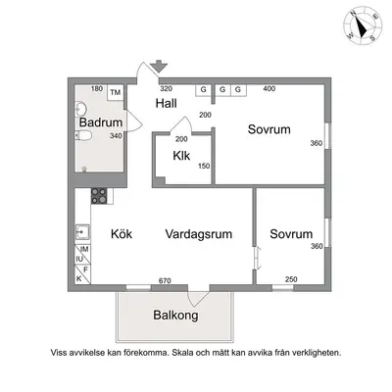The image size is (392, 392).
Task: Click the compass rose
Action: coord(363,26)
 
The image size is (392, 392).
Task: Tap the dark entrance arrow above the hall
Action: coord(159,67)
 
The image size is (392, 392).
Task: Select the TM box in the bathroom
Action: coord(116,93)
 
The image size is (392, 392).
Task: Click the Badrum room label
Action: coord(101,122)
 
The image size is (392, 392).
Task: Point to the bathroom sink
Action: coord(80,109)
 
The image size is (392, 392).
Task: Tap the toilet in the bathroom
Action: coord(83,135)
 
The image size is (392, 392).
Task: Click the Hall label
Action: coord(166,103)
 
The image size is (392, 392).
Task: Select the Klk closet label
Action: coord(181,156)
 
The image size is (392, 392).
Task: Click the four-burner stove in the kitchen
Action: coord(99,196)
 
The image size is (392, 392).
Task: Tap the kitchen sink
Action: coord(82,232)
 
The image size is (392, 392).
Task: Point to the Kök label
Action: coord(122,234)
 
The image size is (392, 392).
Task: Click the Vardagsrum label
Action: coord(199,234)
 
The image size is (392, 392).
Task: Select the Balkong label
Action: coord(175,316)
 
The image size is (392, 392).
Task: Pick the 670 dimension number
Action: coord(165,280)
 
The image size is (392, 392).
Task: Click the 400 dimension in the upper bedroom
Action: coord(269,88)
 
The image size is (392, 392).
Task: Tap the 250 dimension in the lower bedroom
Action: coord(291,279)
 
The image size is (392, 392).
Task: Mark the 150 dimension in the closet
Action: coord(204,166)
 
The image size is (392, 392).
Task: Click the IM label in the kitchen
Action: coord(84,249)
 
